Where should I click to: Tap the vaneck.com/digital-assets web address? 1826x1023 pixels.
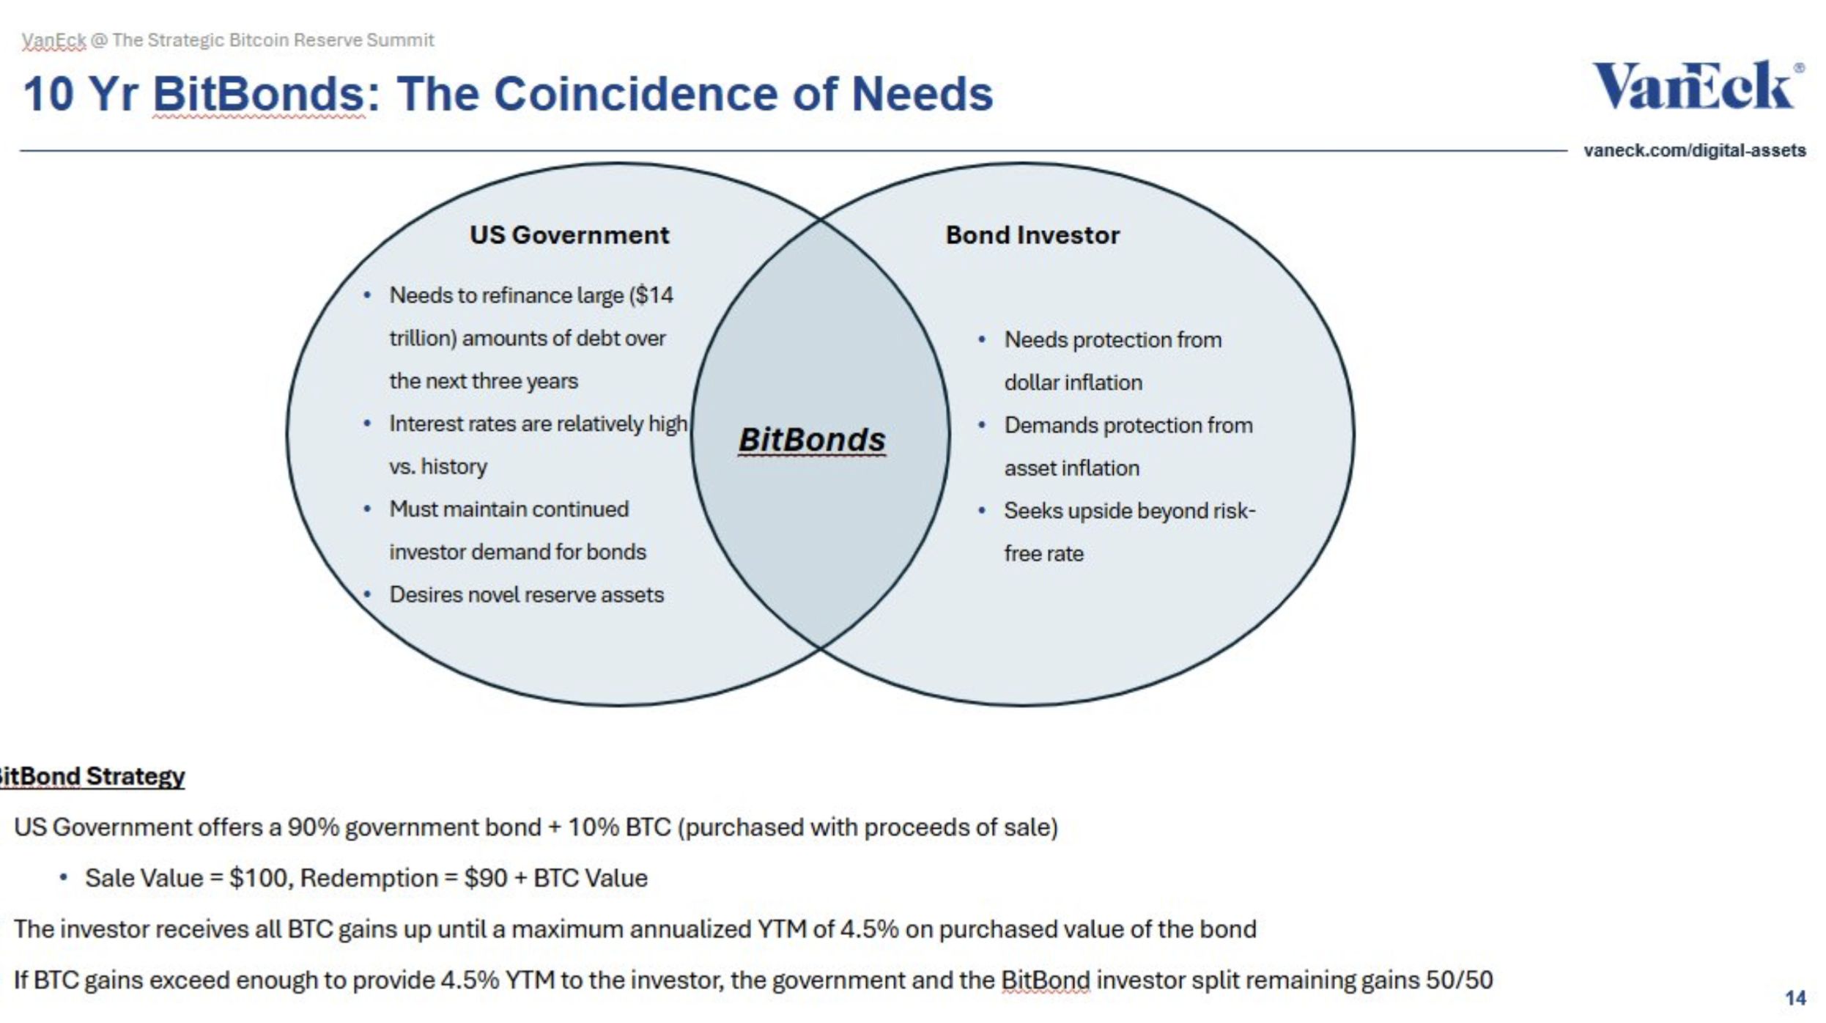tap(1694, 150)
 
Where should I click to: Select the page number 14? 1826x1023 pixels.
tap(1794, 997)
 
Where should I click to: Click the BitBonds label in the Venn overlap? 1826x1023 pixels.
tap(812, 440)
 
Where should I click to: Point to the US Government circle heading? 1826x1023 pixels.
tap(569, 235)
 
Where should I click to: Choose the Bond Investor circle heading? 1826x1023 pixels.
tap(1032, 235)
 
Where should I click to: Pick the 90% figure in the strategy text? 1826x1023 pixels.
tap(313, 827)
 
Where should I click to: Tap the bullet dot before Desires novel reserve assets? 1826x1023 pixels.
tap(368, 594)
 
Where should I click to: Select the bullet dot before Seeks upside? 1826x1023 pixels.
tap(982, 511)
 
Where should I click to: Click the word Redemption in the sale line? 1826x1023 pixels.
tap(369, 878)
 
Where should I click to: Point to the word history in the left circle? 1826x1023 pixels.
tap(454, 467)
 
